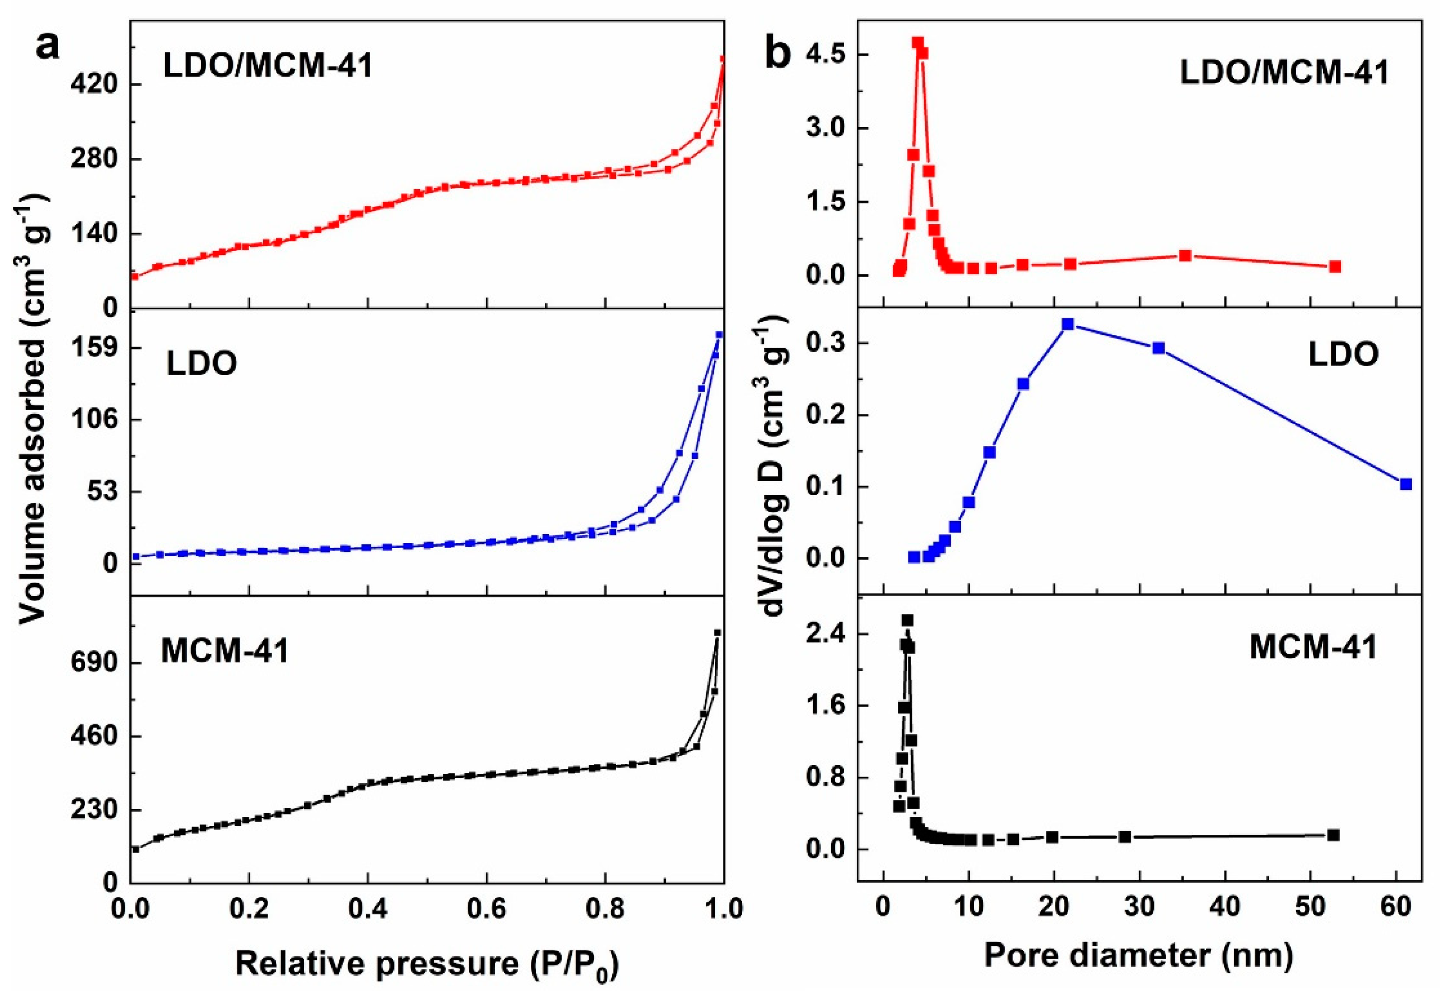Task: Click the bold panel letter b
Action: pos(777,53)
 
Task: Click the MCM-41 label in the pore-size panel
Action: pos(1313,647)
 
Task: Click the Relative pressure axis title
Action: pos(427,962)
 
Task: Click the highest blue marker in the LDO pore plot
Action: pos(1068,324)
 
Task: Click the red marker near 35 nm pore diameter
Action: pos(1185,255)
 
